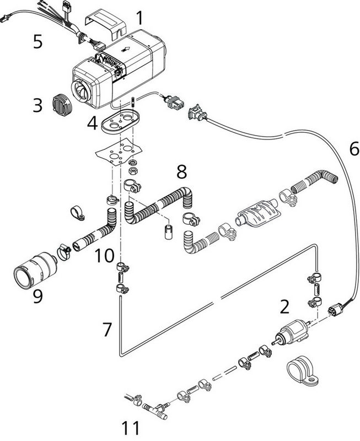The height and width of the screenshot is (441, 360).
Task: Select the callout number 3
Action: pos(37,105)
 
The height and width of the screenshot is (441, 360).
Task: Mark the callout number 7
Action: pos(108,330)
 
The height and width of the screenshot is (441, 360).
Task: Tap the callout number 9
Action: pos(37,295)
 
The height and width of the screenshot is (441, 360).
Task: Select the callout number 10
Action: pos(104,256)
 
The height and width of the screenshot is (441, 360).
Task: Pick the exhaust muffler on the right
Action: pos(255,212)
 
